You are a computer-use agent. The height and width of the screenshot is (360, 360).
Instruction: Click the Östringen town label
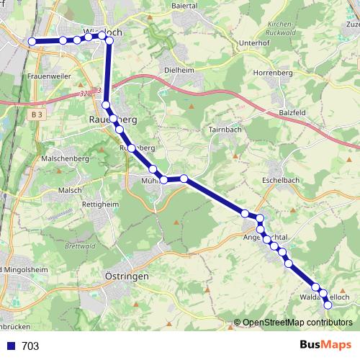[x=127, y=276]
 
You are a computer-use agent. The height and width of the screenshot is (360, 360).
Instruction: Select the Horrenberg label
[x=273, y=73]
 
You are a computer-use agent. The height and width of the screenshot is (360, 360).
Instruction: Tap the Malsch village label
[x=71, y=189]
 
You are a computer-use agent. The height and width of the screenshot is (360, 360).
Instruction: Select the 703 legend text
[x=30, y=346]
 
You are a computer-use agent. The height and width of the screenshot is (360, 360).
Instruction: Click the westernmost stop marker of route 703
[x=32, y=42]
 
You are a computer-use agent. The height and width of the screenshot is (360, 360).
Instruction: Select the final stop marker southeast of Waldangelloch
[x=328, y=305]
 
